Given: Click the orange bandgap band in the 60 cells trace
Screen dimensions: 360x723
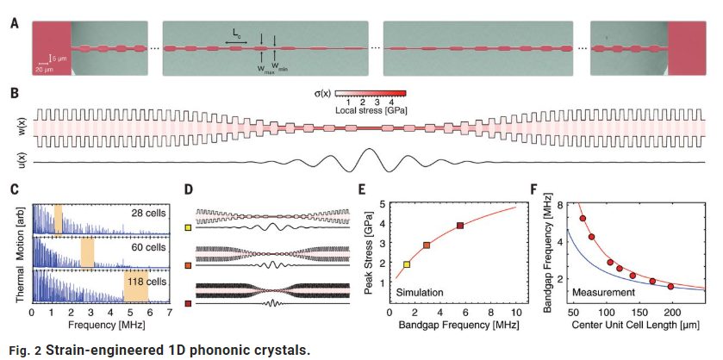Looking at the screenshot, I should (87, 253).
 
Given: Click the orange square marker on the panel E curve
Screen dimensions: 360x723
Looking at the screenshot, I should (427, 245).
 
